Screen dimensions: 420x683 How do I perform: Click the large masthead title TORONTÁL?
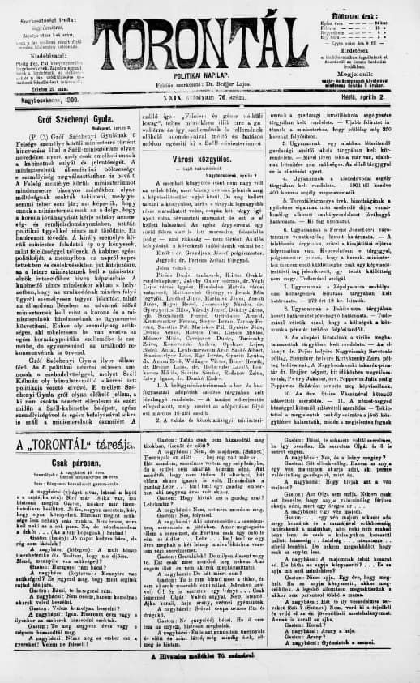coord(208,30)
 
